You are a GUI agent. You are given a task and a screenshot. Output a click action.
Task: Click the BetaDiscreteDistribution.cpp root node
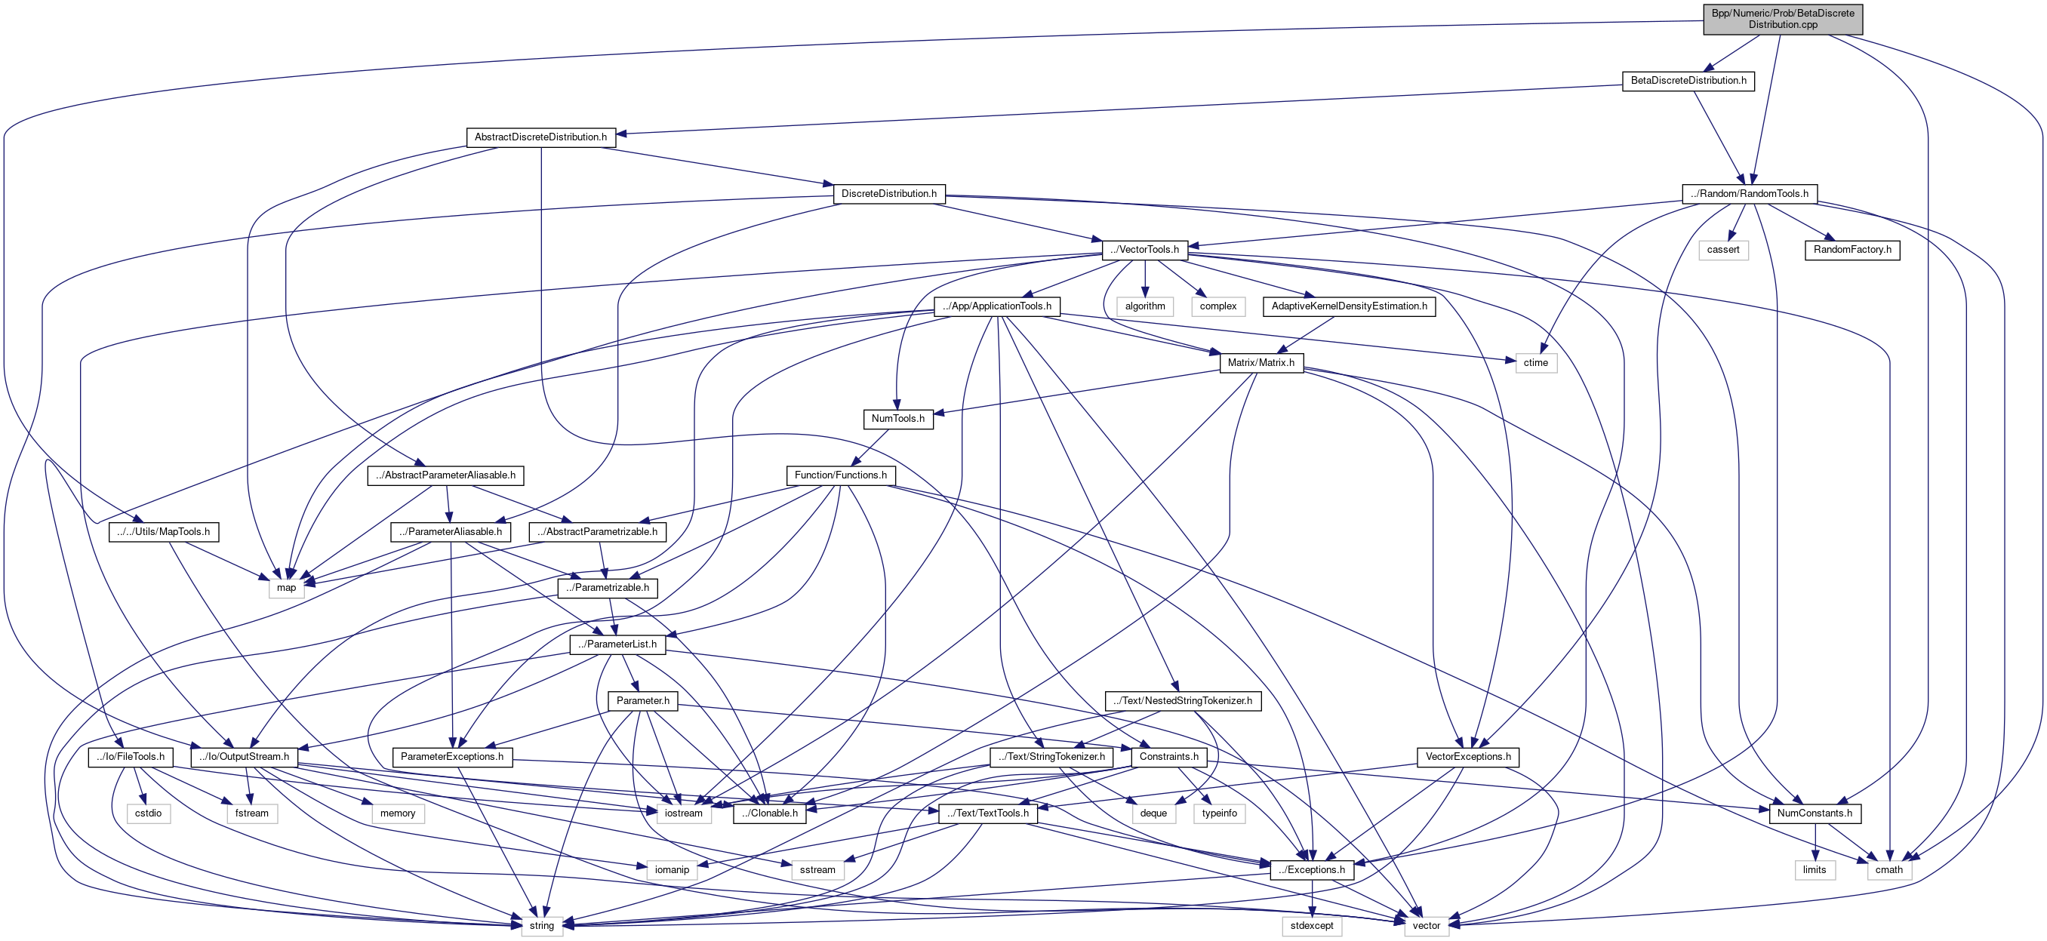(1782, 19)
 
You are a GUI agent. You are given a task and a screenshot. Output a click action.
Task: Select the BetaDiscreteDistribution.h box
(1688, 81)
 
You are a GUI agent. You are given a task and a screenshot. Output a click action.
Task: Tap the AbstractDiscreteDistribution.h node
(540, 137)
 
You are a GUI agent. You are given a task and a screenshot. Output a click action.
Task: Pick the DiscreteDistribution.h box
(888, 194)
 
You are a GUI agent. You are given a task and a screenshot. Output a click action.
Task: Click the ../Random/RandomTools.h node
(1749, 194)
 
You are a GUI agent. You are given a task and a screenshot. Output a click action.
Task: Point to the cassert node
(1722, 251)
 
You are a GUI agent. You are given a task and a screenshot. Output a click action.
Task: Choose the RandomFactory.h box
(1852, 251)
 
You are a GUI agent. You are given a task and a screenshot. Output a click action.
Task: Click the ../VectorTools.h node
(1144, 251)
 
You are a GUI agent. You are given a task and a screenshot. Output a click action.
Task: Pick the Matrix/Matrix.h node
(1261, 363)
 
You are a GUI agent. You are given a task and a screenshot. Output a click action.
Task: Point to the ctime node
(1535, 363)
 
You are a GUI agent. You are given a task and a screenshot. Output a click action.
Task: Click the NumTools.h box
(897, 419)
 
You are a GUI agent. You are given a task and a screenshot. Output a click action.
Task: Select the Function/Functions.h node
(840, 475)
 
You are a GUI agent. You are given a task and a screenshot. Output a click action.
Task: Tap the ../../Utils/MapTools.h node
(163, 532)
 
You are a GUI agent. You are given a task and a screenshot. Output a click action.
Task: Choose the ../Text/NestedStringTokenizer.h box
(1183, 701)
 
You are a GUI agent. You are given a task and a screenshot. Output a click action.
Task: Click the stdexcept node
(1311, 926)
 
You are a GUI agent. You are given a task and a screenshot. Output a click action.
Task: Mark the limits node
(1815, 869)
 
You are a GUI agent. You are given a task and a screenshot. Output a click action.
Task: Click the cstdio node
(148, 813)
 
